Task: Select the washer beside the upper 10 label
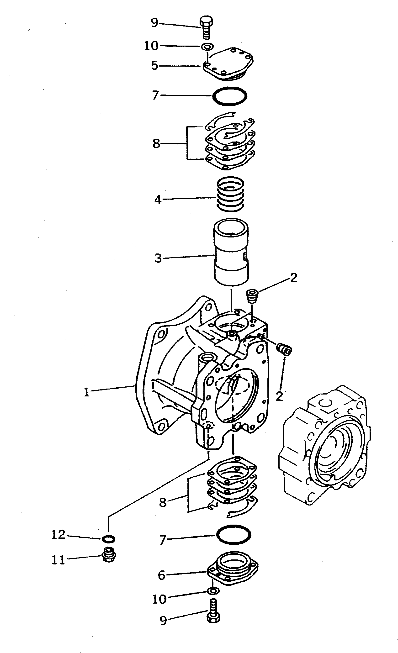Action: pos(207,47)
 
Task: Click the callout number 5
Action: pos(154,65)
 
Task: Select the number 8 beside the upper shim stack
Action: pos(156,144)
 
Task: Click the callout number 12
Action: pos(58,535)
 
